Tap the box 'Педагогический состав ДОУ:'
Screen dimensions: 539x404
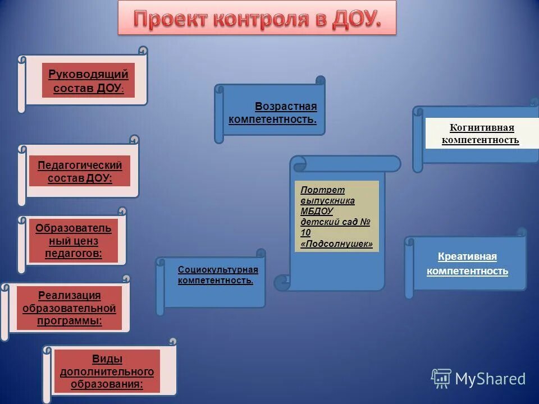point(80,171)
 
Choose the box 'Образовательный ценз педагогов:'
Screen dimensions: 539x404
point(74,241)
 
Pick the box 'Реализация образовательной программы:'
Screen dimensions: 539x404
point(69,308)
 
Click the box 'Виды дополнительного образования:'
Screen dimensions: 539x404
point(107,371)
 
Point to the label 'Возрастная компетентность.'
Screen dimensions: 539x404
point(273,113)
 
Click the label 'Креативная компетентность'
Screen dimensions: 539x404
point(467,264)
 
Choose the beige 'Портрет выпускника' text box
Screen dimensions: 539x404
point(336,216)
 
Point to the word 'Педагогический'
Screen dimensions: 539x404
point(80,165)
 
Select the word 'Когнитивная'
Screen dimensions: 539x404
point(482,127)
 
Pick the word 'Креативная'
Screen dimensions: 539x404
point(467,256)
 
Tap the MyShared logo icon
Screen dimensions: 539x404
point(441,379)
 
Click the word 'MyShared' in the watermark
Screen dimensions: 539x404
point(490,379)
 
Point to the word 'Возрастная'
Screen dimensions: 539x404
point(286,107)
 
